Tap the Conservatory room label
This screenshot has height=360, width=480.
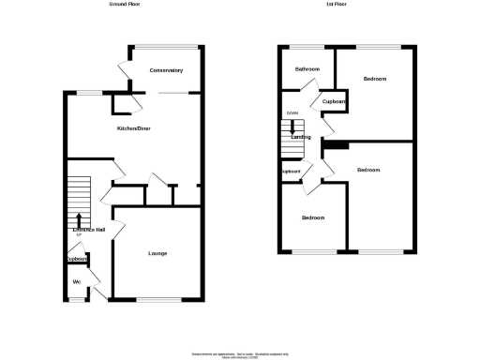click(x=166, y=70)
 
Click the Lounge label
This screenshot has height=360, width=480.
click(x=157, y=253)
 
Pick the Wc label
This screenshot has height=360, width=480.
click(x=77, y=281)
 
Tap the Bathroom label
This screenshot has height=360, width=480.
click(x=307, y=69)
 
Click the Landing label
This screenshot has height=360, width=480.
click(x=302, y=138)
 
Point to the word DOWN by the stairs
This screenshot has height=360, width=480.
click(x=292, y=114)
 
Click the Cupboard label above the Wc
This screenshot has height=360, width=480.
click(x=76, y=260)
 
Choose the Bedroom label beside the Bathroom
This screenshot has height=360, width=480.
click(x=374, y=79)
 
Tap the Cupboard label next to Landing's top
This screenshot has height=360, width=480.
click(x=335, y=101)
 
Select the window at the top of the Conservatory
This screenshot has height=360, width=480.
click(x=167, y=45)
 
